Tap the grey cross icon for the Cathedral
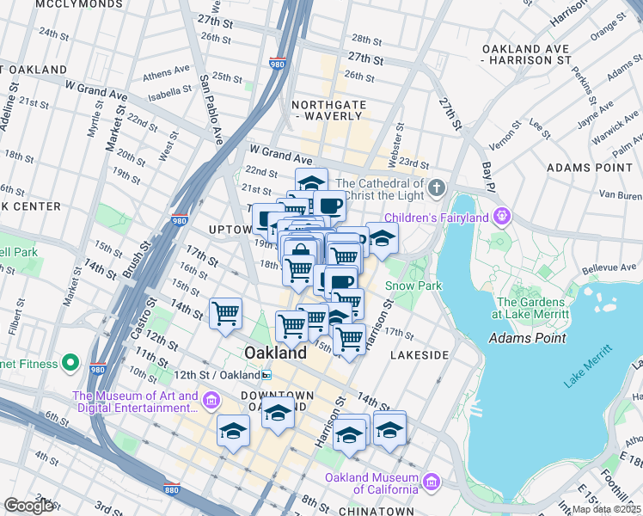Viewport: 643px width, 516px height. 438,187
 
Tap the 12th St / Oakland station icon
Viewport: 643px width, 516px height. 266,375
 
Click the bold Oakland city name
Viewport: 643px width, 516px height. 275,353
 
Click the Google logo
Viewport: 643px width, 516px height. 29,506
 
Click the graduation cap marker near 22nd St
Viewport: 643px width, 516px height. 311,181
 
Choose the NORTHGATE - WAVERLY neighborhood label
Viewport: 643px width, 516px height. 329,108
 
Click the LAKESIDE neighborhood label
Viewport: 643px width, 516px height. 419,354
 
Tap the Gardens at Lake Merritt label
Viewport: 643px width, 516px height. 531,308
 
